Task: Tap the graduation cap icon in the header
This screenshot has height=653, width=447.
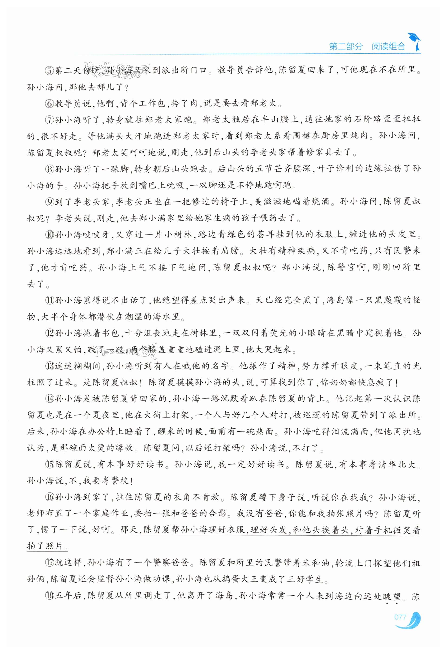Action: click(414, 41)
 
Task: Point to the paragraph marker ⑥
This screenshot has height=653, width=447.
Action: click(49, 104)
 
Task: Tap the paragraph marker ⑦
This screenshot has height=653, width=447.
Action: click(49, 120)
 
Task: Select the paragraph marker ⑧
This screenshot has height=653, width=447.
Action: click(49, 169)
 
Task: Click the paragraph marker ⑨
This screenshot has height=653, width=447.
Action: click(49, 202)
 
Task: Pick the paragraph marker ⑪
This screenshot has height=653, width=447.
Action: click(49, 300)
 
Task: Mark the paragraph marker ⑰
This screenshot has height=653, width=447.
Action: click(49, 563)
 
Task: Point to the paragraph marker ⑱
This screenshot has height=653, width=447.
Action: click(49, 596)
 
